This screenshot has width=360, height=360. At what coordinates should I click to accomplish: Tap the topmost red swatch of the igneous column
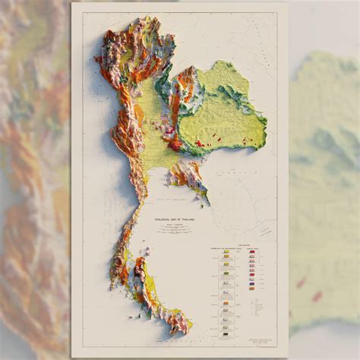(x=253, y=252)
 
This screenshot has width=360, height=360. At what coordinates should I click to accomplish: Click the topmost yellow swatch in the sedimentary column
(x=226, y=252)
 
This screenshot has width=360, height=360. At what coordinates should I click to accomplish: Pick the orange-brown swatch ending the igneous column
(x=253, y=288)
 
